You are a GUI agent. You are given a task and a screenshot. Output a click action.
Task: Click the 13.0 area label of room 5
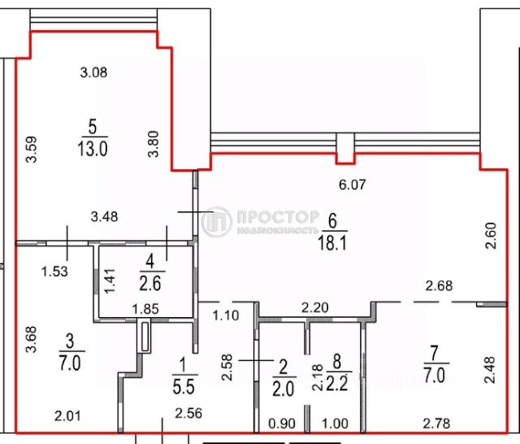click(93, 149)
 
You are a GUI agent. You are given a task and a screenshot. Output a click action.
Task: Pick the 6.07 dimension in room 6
click(353, 185)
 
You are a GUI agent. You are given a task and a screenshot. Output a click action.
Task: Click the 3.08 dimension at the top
click(94, 72)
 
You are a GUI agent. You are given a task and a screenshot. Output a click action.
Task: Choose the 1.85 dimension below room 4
click(145, 308)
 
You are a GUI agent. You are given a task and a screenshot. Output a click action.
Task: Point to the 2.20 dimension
click(315, 308)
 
